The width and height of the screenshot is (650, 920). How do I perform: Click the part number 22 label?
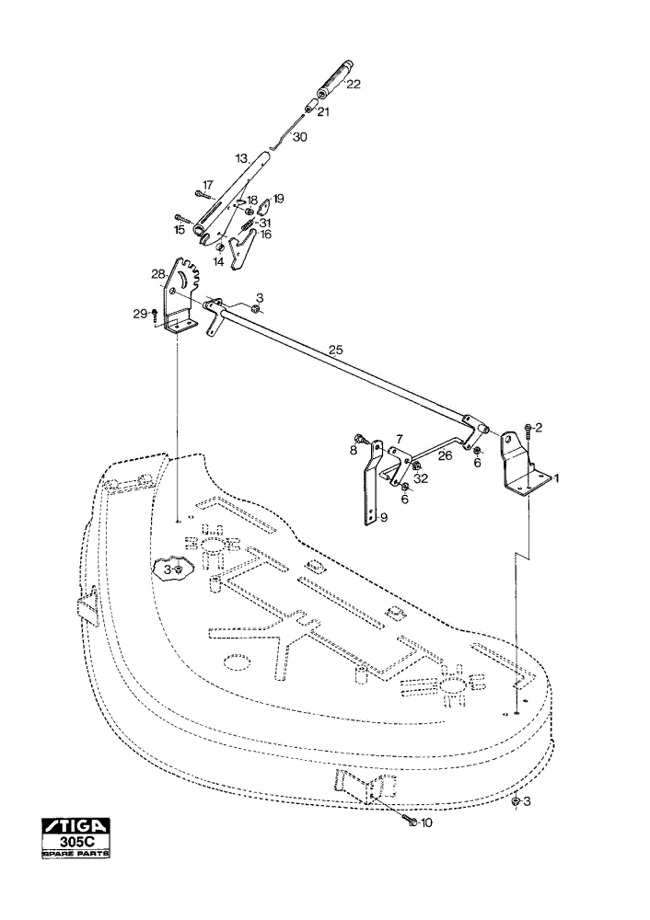[x=353, y=84]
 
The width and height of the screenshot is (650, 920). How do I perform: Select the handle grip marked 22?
[x=333, y=80]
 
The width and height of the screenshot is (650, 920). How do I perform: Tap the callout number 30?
[x=299, y=137]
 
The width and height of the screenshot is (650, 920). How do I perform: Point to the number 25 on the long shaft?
[x=335, y=351]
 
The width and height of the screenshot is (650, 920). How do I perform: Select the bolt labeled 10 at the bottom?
[x=410, y=822]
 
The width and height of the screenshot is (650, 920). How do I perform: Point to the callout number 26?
[x=445, y=455]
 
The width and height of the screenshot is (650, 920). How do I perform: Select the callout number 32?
[x=421, y=478]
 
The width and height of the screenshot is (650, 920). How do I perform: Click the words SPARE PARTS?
[x=75, y=854]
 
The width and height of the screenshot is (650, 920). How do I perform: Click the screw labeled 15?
[x=182, y=220]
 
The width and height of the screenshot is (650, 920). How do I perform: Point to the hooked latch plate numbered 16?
[x=242, y=250]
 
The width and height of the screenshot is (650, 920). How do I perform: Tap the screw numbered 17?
[x=202, y=195]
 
